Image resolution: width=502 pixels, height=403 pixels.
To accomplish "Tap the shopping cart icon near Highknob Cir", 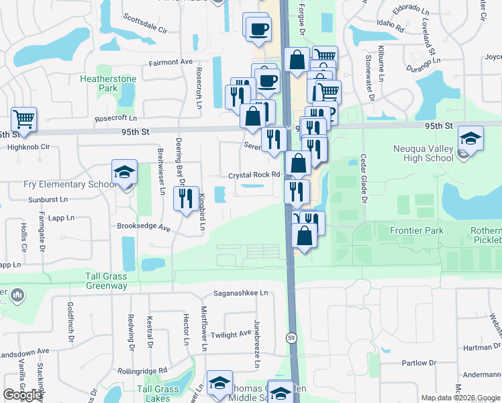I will coord(23,120).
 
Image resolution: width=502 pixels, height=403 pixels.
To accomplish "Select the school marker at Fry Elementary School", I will coord(124,173).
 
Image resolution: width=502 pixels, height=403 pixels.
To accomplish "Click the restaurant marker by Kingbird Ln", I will coord(183,197).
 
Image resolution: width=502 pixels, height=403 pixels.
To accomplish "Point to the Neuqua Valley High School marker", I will coord(471,140).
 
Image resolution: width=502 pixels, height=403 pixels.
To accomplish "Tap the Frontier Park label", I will coord(417,230).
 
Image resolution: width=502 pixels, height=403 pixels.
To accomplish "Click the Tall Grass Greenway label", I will coord(106,281).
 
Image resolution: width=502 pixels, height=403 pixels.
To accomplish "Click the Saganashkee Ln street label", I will coord(240,293).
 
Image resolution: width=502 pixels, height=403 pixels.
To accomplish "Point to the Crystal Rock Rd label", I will coord(254,175).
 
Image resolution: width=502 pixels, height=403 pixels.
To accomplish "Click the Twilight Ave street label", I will coord(231,334).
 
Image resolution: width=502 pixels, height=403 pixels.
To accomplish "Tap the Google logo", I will coord(23,395).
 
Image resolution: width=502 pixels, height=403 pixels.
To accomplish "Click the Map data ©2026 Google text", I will coord(460,398).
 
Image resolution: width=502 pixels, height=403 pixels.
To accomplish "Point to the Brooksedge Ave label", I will coord(144,227).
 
